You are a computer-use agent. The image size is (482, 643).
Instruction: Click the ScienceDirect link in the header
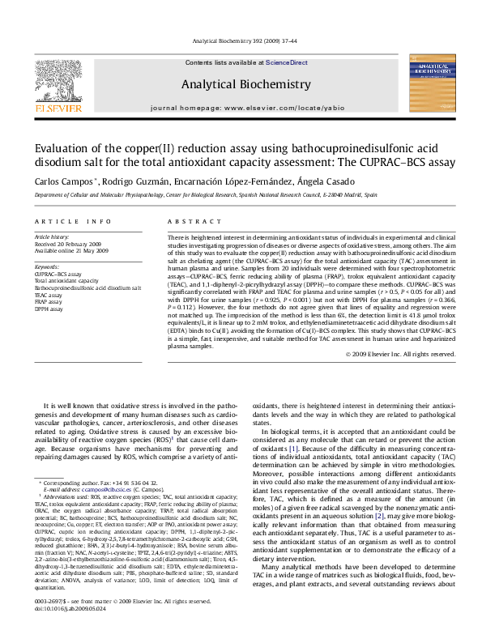click(287, 62)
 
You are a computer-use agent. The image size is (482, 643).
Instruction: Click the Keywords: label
click(47, 266)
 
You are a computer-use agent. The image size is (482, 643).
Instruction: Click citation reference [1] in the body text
click(294, 447)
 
